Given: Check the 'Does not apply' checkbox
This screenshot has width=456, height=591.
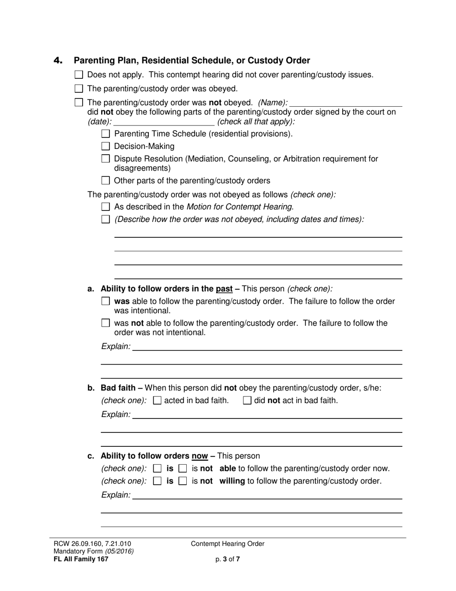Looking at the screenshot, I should (79, 74).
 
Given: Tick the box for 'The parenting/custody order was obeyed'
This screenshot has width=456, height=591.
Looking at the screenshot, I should (79, 88).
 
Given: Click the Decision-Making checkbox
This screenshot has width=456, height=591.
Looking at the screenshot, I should (106, 146).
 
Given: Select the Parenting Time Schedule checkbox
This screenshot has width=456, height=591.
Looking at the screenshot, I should (106, 134).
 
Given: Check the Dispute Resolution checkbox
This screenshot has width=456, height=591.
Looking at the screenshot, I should (106, 159).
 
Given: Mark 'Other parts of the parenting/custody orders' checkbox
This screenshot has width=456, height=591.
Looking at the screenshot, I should (106, 181).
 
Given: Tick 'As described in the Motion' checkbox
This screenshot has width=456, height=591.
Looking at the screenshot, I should (106, 207).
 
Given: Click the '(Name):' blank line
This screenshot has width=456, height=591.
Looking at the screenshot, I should (346, 103).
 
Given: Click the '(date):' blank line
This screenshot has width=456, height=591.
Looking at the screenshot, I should (164, 122).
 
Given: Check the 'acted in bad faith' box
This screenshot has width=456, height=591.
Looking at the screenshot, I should (157, 400).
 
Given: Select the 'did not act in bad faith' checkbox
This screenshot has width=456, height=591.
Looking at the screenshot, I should (247, 400).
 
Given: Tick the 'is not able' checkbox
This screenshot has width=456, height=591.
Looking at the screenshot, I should (182, 468).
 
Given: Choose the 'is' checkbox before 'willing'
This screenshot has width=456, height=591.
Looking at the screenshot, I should (157, 481).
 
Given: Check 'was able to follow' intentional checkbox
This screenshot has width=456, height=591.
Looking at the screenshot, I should (106, 301).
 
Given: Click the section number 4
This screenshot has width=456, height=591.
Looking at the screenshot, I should (58, 61).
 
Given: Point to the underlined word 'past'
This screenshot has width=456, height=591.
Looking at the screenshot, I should (224, 289).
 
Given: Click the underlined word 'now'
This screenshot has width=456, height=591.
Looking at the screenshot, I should (200, 456).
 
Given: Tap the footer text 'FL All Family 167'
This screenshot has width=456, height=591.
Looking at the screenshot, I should (81, 559).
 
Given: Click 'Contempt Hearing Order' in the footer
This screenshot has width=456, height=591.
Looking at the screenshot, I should (228, 544).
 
